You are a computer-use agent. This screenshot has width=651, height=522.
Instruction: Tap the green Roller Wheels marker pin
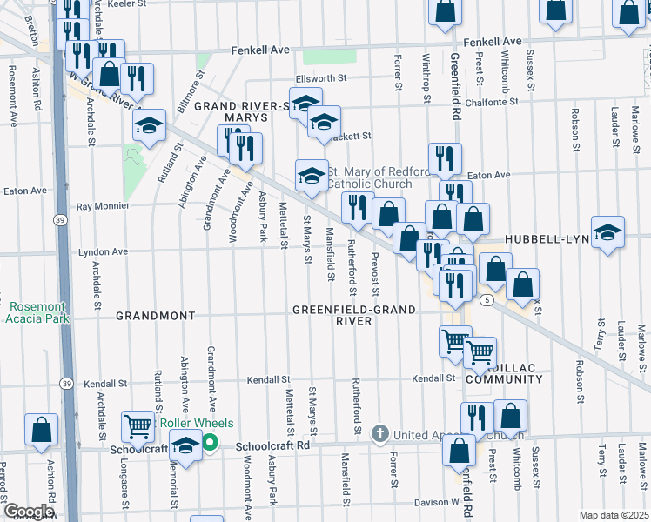(210, 441)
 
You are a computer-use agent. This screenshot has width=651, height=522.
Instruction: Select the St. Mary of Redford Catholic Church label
(380, 177)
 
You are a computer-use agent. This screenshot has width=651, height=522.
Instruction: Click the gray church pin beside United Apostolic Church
(379, 433)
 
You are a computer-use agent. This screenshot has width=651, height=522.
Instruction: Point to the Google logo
(28, 512)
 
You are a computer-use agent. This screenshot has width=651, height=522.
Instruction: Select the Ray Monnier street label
(103, 206)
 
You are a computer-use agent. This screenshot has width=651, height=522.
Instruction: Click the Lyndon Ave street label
(103, 252)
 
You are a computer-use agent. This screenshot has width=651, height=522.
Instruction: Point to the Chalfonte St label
(490, 101)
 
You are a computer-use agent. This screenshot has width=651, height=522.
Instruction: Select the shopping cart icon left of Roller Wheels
(138, 426)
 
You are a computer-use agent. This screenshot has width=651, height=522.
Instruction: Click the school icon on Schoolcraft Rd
(185, 446)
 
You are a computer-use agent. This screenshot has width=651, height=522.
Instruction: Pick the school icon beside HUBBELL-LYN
(607, 232)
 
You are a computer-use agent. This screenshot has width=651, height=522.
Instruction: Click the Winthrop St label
(427, 81)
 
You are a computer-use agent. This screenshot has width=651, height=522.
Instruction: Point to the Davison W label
(435, 502)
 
